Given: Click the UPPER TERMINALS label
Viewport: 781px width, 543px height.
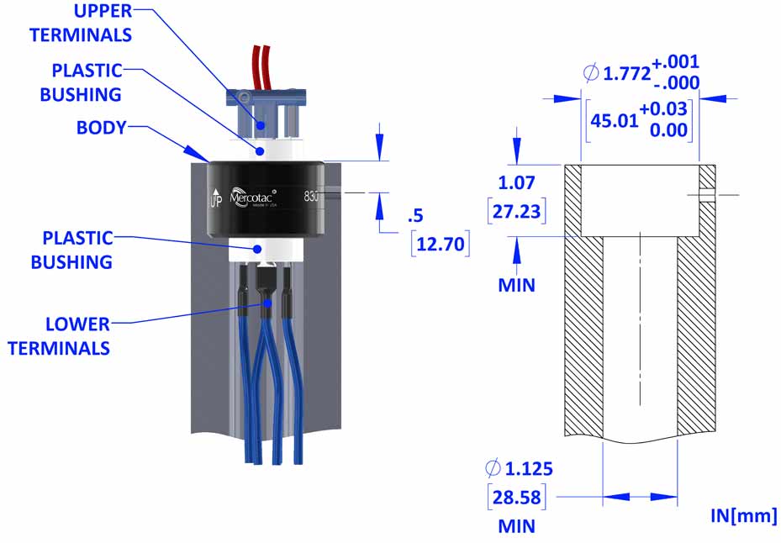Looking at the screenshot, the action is click(x=81, y=23).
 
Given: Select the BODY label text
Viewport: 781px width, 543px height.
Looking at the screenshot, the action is click(x=102, y=128).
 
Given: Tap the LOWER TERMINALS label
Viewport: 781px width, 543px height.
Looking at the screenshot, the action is click(x=59, y=335).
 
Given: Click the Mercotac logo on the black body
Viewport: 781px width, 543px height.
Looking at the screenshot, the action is click(x=253, y=197).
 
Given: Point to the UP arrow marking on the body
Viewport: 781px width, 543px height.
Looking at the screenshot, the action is click(x=215, y=198).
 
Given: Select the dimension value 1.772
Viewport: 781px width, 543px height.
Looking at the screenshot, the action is click(x=626, y=73).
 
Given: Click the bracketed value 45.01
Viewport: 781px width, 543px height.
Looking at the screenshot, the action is click(x=614, y=120).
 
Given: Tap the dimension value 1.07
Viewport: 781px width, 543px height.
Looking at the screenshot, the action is click(x=516, y=183).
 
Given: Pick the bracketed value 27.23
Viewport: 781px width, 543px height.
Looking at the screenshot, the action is click(x=516, y=211).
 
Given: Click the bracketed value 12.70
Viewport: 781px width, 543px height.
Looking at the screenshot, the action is click(x=441, y=244).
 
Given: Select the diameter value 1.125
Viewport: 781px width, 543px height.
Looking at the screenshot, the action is click(x=529, y=469).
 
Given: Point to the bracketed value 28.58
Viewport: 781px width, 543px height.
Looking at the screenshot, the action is click(x=516, y=497).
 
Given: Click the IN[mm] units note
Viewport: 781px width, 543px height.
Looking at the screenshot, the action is click(x=743, y=515).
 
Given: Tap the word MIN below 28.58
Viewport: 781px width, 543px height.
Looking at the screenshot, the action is click(x=516, y=526).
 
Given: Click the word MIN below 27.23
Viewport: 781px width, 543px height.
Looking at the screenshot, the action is click(x=516, y=285).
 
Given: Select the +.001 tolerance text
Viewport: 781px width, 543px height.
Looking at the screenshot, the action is click(x=676, y=61).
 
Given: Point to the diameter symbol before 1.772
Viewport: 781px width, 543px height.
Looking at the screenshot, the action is click(x=591, y=73).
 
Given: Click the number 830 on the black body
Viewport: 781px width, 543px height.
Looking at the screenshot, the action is click(x=311, y=197).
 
